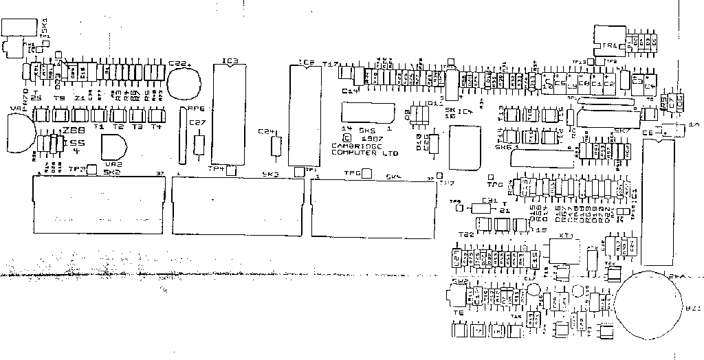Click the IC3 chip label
pos(230,61)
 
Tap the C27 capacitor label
pos(197,123)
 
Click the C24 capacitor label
pos(267,131)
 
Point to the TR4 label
pos(609,45)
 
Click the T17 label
pos(330,65)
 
